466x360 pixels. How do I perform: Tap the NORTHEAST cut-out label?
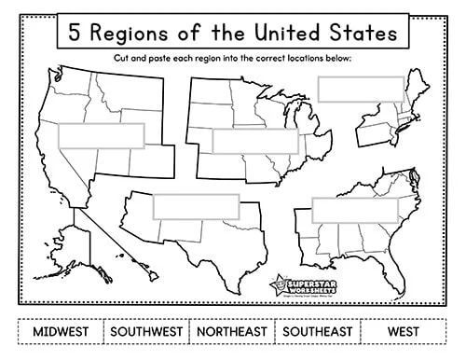pos(231,330)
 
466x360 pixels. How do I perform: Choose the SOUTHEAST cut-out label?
pos(318,330)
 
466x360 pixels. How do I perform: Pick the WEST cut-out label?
pos(404,330)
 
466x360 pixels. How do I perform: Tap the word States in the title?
pos(364,33)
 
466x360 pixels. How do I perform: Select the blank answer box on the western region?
pos(102,136)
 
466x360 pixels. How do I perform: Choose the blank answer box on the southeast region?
pos(354,210)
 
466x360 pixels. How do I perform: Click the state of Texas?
pos(200,242)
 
